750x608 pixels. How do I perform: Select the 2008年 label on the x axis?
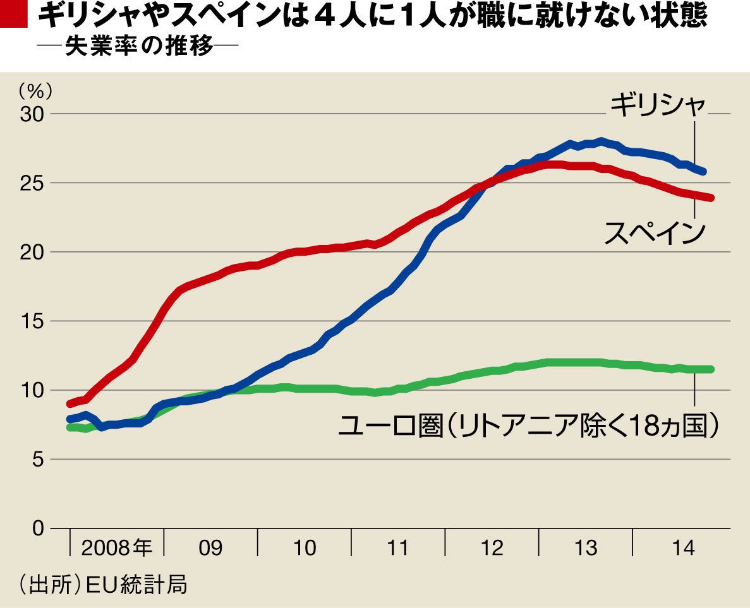point(117,547)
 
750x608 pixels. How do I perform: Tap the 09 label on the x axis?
point(210,547)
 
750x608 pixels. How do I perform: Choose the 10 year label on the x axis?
point(305,547)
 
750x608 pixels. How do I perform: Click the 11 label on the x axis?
point(398,547)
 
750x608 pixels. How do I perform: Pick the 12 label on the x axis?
point(492,547)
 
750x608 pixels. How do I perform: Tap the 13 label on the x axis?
point(586,547)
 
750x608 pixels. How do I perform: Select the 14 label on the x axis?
point(680,547)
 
